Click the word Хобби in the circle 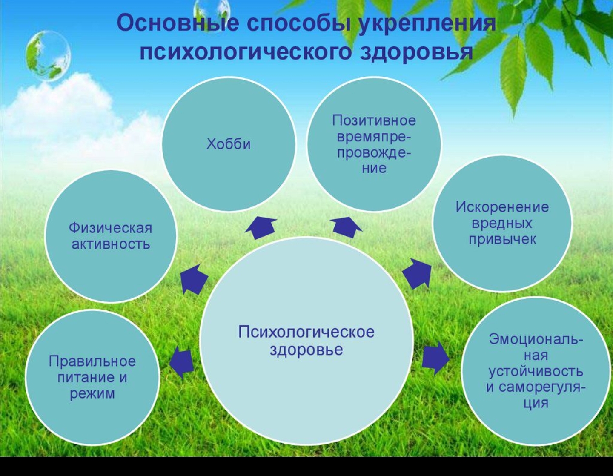click(x=229, y=144)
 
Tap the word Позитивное click(x=374, y=120)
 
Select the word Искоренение click(x=502, y=207)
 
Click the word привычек click(x=502, y=239)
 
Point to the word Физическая click(x=110, y=228)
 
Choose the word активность click(x=110, y=244)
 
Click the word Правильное click(x=92, y=361)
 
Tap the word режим click(x=92, y=393)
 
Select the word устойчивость click(x=536, y=371)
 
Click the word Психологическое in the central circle click(x=306, y=332)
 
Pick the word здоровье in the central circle click(x=306, y=350)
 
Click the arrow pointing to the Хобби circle click(x=261, y=227)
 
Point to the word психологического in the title click(x=246, y=52)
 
